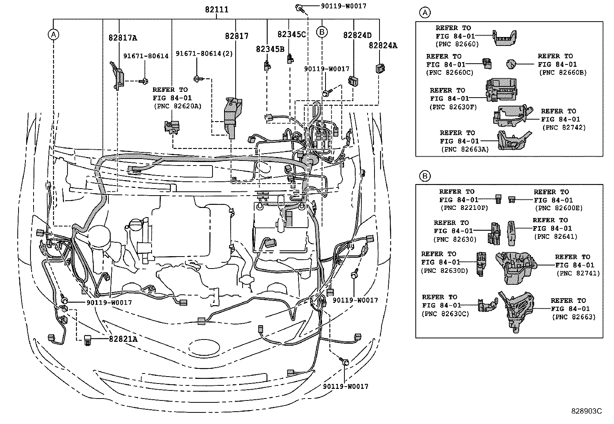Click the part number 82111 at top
[216, 10]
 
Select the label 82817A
[123, 38]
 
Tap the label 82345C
[291, 34]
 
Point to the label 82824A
[383, 46]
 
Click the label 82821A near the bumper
[123, 339]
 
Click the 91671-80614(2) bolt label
[204, 54]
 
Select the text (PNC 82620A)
[177, 106]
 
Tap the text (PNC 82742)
[563, 128]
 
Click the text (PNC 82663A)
[464, 149]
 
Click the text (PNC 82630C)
[445, 314]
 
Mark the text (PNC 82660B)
[562, 73]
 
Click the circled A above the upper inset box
[424, 13]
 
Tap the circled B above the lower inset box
[424, 176]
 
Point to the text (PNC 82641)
[555, 237]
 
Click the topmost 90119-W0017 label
[343, 6]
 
